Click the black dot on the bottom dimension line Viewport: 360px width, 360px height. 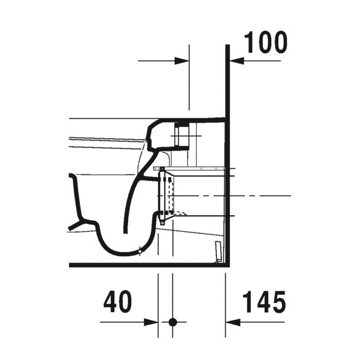click(172, 321)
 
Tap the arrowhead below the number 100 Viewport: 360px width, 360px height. click(236, 61)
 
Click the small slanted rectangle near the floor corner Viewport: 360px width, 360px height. click(218, 251)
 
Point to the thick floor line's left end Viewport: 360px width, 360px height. click(71, 265)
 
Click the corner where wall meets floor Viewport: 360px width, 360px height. click(227, 265)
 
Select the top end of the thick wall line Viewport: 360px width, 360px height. click(228, 45)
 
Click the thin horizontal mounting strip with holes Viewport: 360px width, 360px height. click(190, 167)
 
